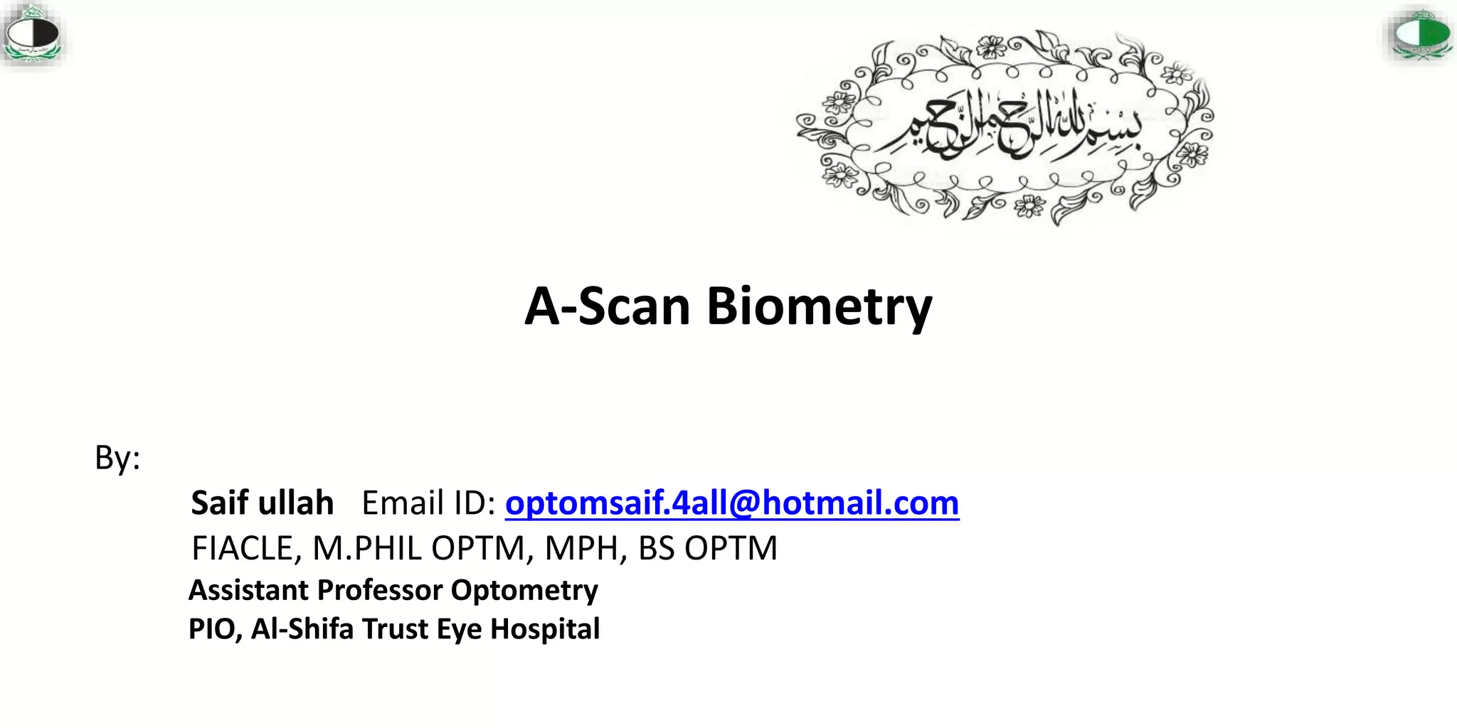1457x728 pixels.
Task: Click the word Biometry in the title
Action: point(819,307)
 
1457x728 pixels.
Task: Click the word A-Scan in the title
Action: point(608,307)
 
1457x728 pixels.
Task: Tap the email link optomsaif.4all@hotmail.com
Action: point(732,503)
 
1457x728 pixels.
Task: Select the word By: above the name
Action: point(117,458)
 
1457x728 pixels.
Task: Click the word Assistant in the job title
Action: point(248,590)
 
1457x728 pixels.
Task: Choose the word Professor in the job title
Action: point(380,590)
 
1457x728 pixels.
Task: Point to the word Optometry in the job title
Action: point(524,590)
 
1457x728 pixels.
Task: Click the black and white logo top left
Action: point(32,34)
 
